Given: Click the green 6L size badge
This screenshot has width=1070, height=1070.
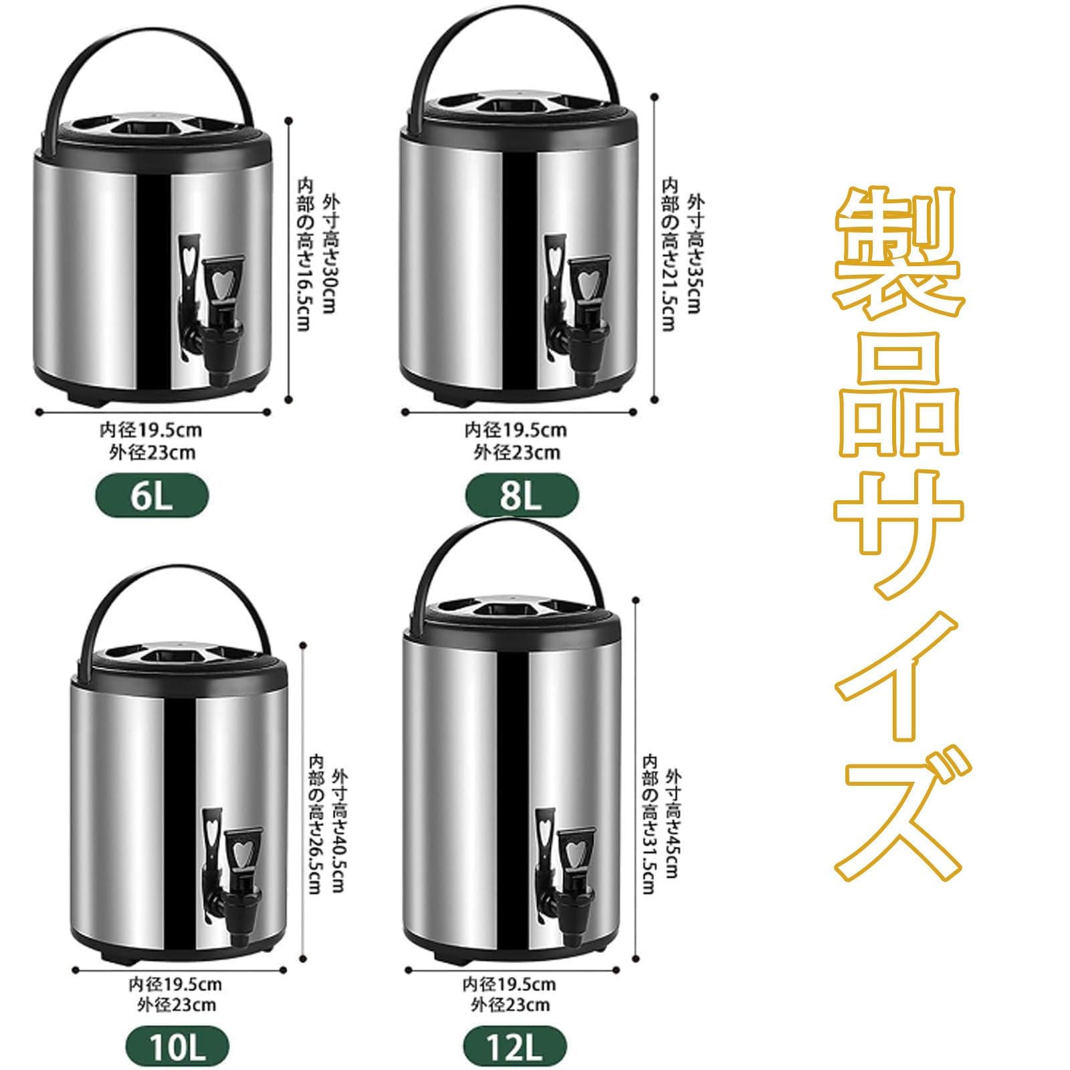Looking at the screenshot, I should click(x=152, y=496).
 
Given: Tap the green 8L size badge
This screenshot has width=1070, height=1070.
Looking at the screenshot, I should click(x=522, y=496).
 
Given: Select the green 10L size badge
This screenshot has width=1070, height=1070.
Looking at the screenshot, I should click(x=177, y=1047).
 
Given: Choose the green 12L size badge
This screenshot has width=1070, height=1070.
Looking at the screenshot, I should click(x=514, y=1047).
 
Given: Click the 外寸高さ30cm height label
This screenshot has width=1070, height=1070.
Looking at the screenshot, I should click(x=330, y=254).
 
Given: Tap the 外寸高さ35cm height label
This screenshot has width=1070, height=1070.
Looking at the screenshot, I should click(x=695, y=254).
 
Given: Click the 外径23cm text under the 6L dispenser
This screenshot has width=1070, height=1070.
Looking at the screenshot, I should click(x=152, y=453).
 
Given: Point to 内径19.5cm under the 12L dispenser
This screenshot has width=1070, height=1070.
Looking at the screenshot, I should click(x=509, y=984).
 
